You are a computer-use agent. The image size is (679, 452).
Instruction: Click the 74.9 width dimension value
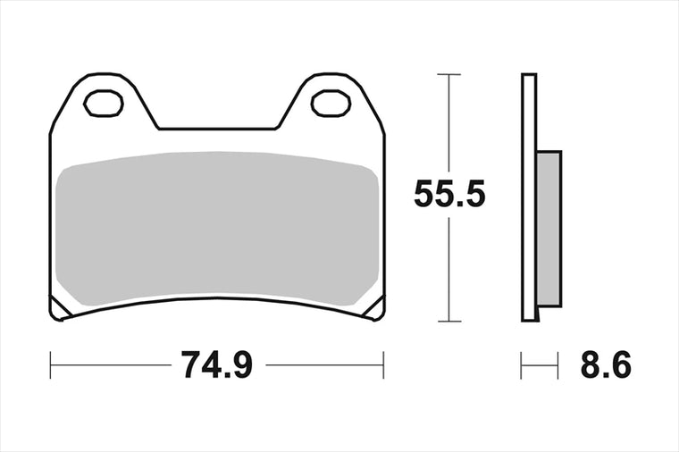(216, 364)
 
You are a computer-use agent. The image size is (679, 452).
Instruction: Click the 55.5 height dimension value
(449, 194)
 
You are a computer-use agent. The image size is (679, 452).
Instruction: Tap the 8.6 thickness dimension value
(606, 364)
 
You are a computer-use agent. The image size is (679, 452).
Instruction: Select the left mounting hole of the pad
(104, 104)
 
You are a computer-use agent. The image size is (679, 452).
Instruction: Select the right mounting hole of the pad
(331, 104)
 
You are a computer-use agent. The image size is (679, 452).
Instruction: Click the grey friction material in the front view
(217, 229)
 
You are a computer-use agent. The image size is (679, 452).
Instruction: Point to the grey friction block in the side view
(549, 229)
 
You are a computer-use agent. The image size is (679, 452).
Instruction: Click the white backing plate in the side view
(529, 197)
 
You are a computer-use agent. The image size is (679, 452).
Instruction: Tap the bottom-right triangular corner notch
(375, 308)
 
